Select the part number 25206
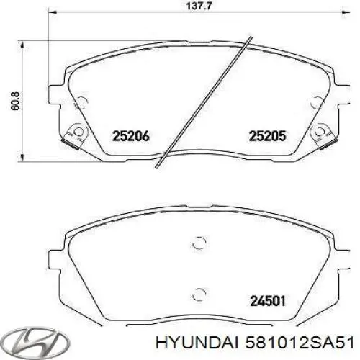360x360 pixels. (x=130, y=134)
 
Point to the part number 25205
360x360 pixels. (x=268, y=134)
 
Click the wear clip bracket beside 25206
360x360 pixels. (x=72, y=134)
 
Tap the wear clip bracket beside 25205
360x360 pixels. (x=321, y=134)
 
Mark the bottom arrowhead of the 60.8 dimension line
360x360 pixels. (x=25, y=156)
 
